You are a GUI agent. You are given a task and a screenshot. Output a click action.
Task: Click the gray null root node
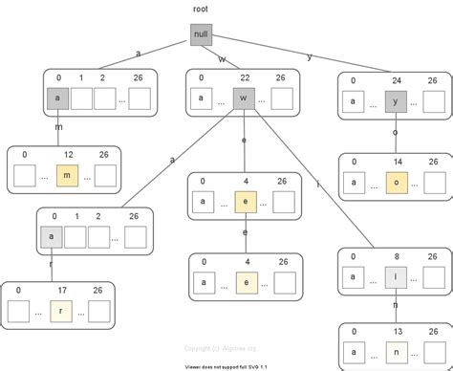(x=200, y=35)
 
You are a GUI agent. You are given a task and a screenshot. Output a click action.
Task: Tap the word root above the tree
(x=200, y=9)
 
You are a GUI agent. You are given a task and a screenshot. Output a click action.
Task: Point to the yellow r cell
(x=60, y=310)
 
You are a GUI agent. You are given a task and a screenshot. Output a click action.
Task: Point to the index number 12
(x=67, y=153)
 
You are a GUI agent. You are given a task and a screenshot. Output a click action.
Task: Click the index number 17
(x=60, y=290)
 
